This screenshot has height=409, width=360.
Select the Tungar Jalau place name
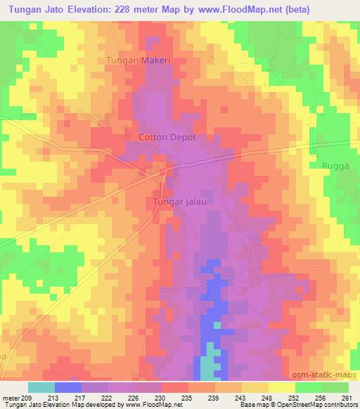click(x=179, y=202)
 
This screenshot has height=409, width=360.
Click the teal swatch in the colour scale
click(x=41, y=387)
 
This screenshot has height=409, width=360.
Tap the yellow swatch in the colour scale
click(x=282, y=387)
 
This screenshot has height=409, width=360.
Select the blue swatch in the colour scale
click(x=68, y=387)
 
